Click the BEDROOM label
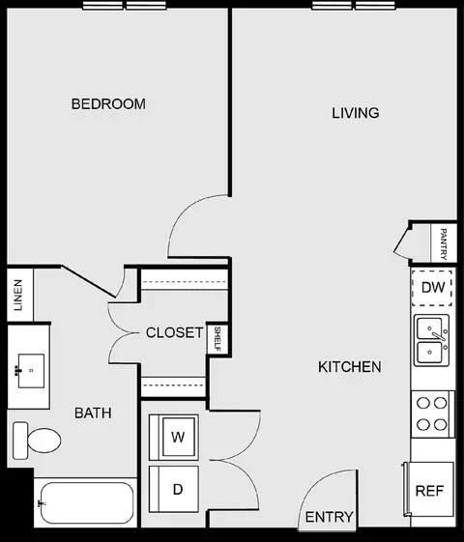tap(108, 103)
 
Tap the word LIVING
tap(355, 113)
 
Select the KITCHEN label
tap(349, 367)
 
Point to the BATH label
tap(93, 413)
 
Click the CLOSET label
tap(174, 333)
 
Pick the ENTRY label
tap(329, 517)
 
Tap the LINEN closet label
tap(18, 295)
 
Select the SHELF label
tap(217, 338)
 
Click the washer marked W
tap(177, 437)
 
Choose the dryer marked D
tap(177, 488)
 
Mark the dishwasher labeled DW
tap(433, 287)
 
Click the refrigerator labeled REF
tap(428, 491)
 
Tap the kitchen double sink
tap(432, 340)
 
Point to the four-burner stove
tap(432, 414)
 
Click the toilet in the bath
tap(37, 442)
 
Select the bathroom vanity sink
tap(30, 368)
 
